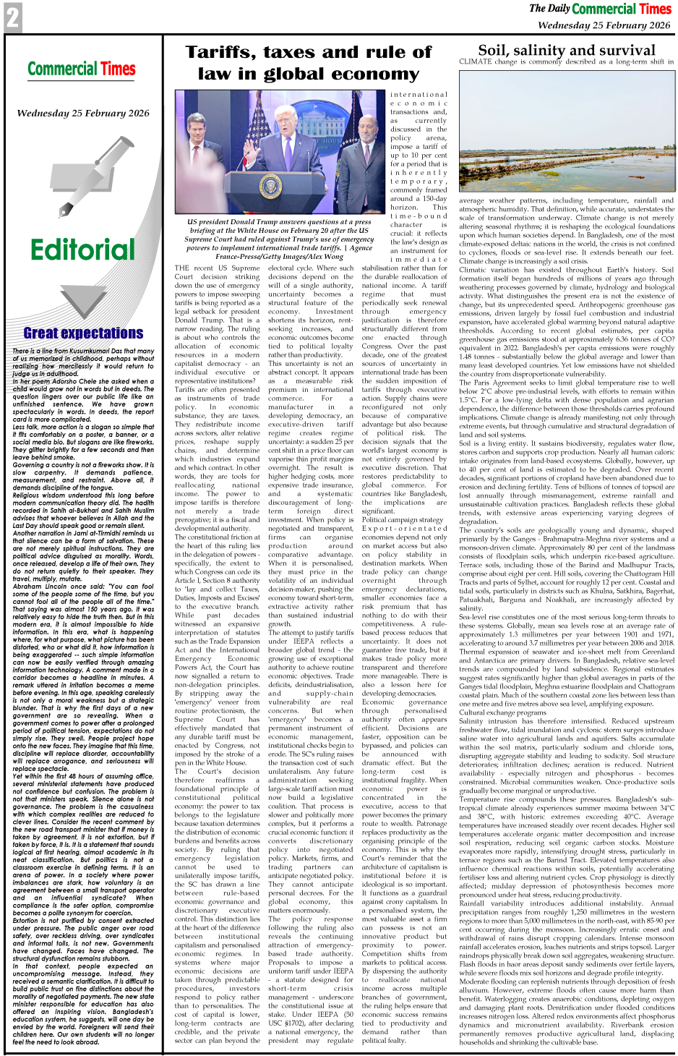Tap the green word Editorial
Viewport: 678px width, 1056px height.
coord(82,250)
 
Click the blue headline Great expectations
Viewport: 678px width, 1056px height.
coord(83,333)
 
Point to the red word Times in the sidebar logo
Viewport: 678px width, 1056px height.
coord(118,69)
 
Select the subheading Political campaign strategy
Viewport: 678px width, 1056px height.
coord(402,519)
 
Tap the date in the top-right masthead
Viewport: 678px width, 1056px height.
coord(604,25)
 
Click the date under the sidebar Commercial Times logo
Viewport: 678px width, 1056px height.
coord(82,114)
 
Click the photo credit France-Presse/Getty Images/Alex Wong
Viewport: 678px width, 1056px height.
coord(279,256)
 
